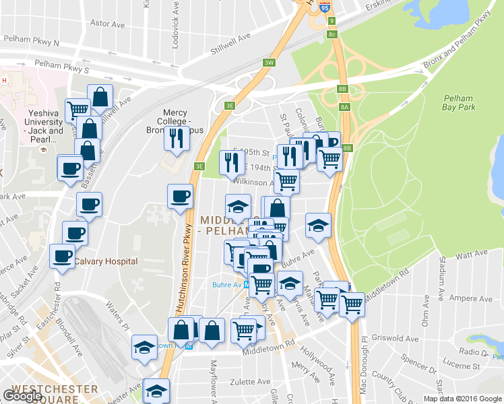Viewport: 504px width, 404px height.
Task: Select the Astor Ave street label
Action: pyautogui.click(x=108, y=24)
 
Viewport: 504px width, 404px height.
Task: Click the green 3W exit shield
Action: pyautogui.click(x=269, y=63)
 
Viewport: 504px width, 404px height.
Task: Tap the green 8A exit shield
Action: pyautogui.click(x=345, y=106)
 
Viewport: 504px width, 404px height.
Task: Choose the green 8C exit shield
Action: pyautogui.click(x=332, y=34)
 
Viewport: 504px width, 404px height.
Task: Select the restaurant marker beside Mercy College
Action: pyautogui.click(x=175, y=139)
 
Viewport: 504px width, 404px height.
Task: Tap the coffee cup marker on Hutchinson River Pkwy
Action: pyautogui.click(x=180, y=197)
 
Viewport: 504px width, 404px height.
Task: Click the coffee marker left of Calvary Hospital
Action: pyautogui.click(x=63, y=257)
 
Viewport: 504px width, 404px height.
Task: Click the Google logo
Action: pyautogui.click(x=22, y=395)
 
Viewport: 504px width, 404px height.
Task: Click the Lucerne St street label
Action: pyautogui.click(x=460, y=366)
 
